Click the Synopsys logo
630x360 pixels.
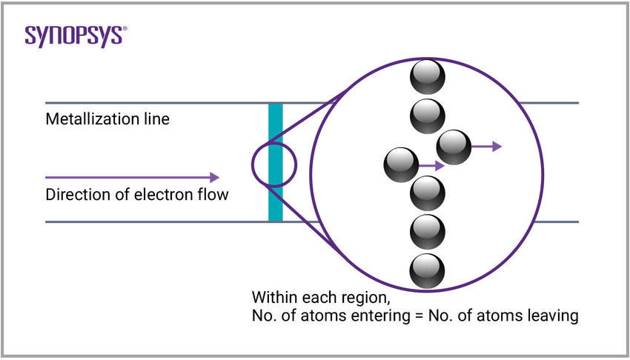coord(73,36)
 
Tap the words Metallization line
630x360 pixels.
coord(107,119)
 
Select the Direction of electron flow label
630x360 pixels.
coord(137,196)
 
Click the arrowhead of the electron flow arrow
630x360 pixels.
coord(214,177)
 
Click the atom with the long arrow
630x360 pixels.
coord(453,147)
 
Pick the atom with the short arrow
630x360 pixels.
coord(402,165)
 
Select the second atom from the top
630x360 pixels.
coord(427,115)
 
